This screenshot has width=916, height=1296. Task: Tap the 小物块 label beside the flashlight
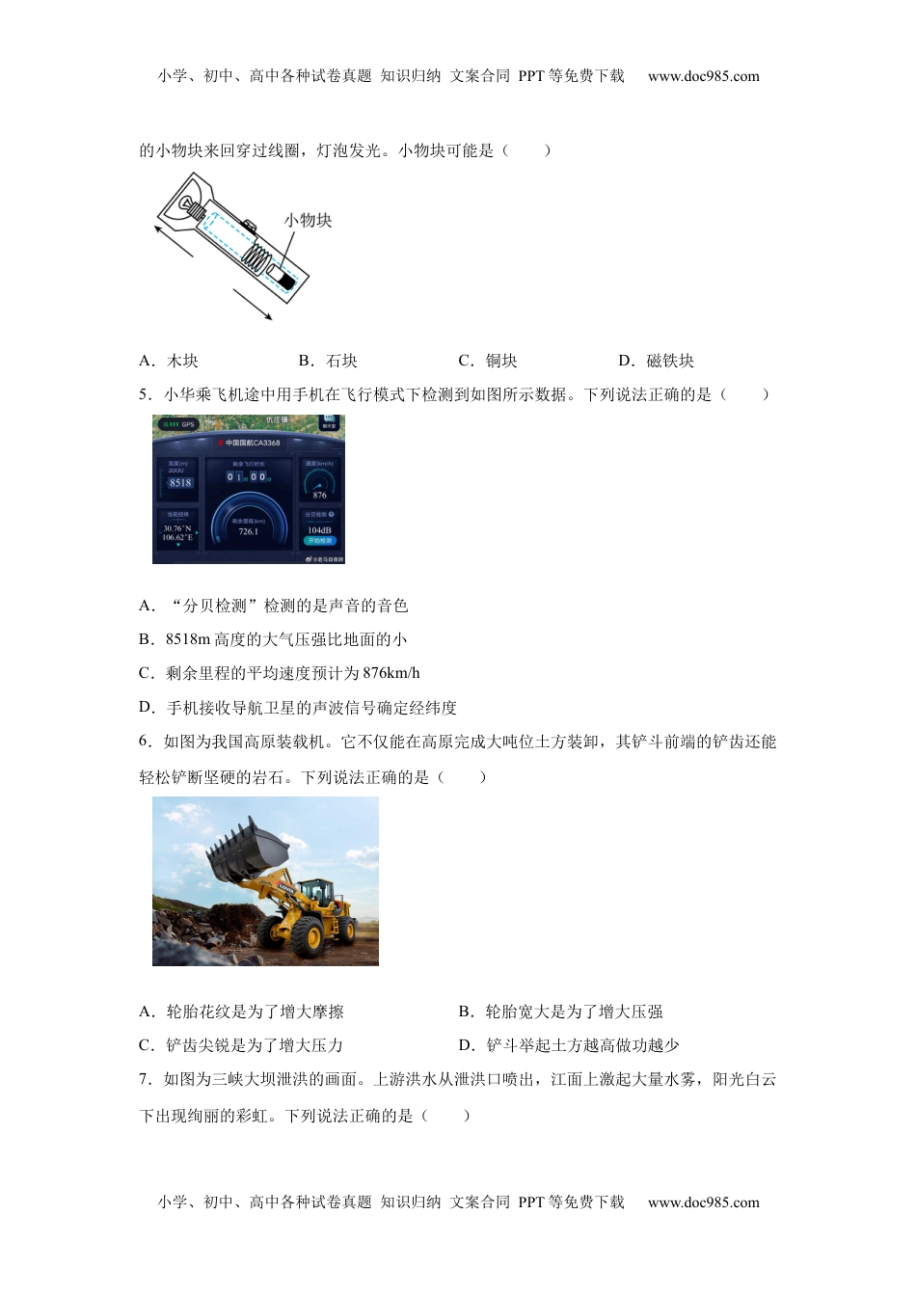(x=308, y=220)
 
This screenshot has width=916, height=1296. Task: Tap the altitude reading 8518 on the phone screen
(x=180, y=482)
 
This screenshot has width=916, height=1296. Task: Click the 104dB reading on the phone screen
(x=319, y=530)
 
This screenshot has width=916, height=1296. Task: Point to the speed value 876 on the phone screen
(x=319, y=495)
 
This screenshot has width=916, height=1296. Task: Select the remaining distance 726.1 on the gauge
(x=249, y=531)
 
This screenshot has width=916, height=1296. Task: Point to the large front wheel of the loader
(x=307, y=934)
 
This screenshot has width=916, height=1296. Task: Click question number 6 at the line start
(x=145, y=742)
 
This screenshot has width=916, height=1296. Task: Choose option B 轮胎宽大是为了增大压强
(x=560, y=1012)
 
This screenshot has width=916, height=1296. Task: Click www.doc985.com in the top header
(x=703, y=76)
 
